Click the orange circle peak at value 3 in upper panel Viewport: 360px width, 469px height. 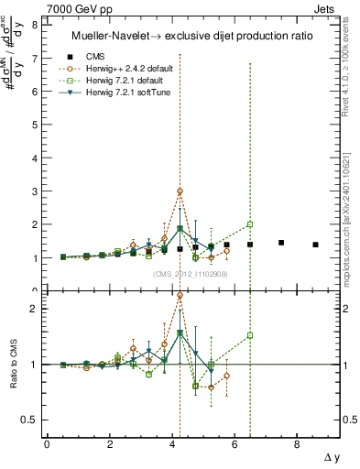click(180, 191)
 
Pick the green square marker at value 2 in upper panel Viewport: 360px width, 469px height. click(250, 224)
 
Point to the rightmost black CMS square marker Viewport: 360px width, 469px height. click(315, 245)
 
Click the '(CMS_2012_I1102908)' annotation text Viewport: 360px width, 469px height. click(190, 274)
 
